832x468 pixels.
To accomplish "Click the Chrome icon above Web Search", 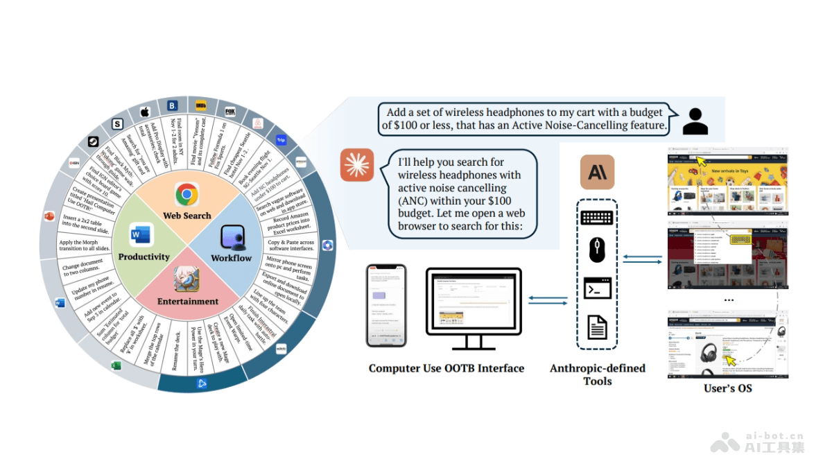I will [x=187, y=194].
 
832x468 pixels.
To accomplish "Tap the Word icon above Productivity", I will [x=141, y=236].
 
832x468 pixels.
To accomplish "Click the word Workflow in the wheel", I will [x=232, y=258].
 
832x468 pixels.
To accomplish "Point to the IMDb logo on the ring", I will [x=202, y=105].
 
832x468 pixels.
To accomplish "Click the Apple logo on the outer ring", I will [x=145, y=112].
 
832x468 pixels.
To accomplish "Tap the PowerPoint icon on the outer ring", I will [x=49, y=216].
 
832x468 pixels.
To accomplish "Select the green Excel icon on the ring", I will [x=116, y=365].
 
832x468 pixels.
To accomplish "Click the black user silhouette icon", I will [x=695, y=121].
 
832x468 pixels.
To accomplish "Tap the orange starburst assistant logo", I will [x=357, y=166].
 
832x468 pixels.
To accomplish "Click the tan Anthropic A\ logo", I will [x=597, y=172].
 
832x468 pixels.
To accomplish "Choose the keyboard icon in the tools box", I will [x=597, y=217].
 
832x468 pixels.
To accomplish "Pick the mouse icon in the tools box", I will [x=597, y=250].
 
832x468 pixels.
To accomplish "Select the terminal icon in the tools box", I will [x=597, y=288].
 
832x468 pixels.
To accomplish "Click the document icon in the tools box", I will [x=597, y=326].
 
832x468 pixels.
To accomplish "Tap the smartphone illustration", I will [x=386, y=306].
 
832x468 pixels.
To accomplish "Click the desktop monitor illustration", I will [x=477, y=305].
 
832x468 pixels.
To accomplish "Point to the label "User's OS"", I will [x=727, y=388].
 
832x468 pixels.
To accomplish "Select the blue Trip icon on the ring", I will [x=281, y=139].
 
